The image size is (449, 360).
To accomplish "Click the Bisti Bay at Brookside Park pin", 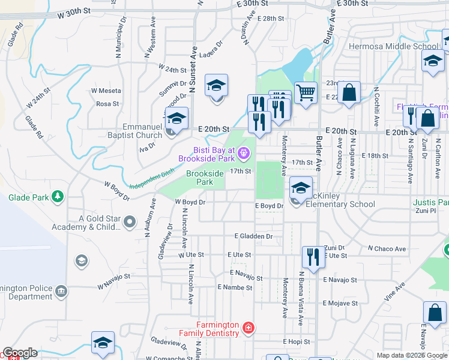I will (x=243, y=154).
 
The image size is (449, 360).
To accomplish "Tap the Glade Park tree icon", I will (x=58, y=196).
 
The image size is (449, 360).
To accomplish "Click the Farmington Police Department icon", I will (x=61, y=292).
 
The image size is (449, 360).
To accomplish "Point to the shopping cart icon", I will (x=306, y=93).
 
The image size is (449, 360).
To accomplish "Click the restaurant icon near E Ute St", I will (x=313, y=257).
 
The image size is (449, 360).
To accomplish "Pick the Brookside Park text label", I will (x=205, y=178).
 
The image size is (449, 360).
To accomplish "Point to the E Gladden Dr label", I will (x=254, y=236).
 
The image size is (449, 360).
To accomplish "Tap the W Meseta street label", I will (x=106, y=91).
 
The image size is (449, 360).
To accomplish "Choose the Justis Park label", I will (x=430, y=203).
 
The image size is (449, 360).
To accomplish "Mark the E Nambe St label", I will (x=235, y=288).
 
